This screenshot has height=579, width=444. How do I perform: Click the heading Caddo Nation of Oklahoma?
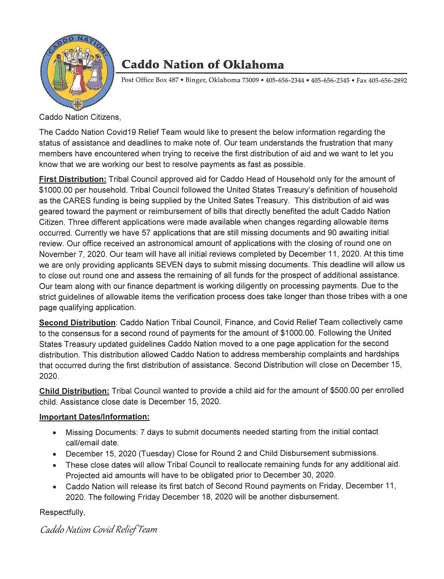point(202,65)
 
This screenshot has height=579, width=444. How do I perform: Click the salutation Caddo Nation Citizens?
point(80,117)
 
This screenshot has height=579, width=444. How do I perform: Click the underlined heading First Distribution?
point(73,179)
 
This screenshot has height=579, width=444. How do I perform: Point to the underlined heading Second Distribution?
point(77,323)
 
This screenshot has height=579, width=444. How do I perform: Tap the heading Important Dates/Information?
point(94,417)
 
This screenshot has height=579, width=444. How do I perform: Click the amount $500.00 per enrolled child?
point(345,391)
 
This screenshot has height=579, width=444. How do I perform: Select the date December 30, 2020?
point(299,475)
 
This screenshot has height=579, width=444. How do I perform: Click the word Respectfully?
point(62,512)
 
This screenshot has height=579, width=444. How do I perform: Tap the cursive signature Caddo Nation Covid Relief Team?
point(99,530)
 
